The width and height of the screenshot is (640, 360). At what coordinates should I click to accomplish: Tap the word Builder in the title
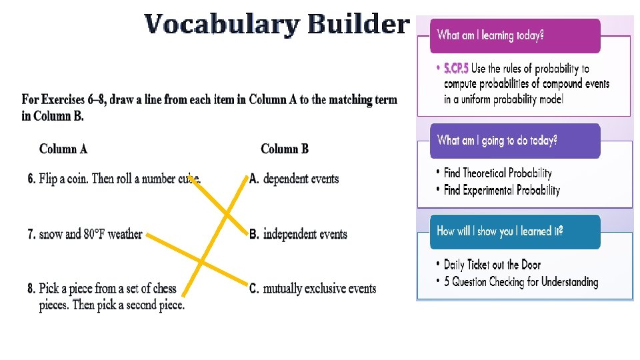point(358,24)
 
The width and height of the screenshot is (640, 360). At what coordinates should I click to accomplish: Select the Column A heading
point(63,149)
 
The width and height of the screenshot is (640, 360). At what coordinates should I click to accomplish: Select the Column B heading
point(285,149)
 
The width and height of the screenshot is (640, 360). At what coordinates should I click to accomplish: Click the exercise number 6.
point(31,179)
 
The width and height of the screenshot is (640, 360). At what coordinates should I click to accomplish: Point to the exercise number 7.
point(31,234)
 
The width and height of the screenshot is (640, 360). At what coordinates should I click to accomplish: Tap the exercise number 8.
point(31,289)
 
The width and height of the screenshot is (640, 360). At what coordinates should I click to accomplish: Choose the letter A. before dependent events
point(254,179)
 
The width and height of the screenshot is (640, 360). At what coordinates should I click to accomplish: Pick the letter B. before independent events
point(254,234)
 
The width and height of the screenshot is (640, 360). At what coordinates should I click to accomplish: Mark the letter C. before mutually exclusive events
point(254,289)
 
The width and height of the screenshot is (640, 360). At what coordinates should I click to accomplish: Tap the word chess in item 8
point(164,289)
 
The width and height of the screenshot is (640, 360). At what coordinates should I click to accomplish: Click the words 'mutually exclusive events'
point(319,289)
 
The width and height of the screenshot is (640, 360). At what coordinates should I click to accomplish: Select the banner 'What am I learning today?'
point(515,35)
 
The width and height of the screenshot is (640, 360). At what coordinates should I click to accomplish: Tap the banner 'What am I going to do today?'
point(515,141)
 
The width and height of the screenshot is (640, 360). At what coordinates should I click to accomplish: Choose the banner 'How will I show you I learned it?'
point(515,231)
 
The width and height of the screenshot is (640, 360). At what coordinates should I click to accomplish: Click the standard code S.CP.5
point(457,69)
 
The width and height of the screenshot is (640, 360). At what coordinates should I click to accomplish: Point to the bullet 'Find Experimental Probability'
point(502,190)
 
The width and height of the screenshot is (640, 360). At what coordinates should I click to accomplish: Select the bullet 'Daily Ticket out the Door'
point(493,265)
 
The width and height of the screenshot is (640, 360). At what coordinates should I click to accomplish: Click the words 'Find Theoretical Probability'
point(498,173)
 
